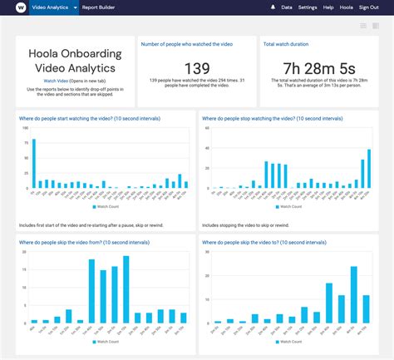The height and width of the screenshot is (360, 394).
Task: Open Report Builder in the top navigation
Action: click(x=100, y=7)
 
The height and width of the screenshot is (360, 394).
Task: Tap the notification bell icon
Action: click(x=273, y=7)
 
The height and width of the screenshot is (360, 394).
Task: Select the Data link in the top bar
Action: click(x=287, y=7)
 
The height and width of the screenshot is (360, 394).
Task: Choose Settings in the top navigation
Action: click(x=308, y=7)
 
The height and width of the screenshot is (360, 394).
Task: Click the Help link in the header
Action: click(x=328, y=7)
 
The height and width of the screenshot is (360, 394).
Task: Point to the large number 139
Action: click(x=196, y=67)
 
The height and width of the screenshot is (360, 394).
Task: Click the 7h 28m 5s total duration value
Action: click(x=319, y=67)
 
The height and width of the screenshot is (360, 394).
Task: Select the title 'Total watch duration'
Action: click(x=286, y=43)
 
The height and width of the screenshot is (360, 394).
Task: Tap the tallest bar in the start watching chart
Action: click(x=34, y=163)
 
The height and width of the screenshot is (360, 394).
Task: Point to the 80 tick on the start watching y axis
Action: click(x=25, y=139)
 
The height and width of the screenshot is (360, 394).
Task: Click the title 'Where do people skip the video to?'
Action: click(x=263, y=242)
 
